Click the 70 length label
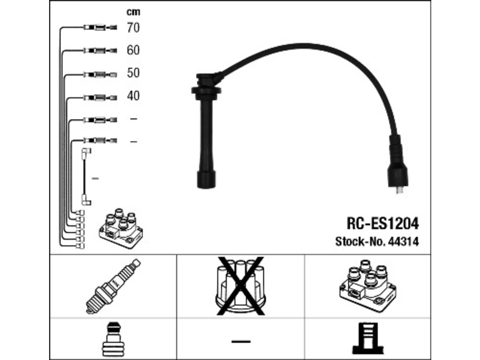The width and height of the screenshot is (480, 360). coord(133,28)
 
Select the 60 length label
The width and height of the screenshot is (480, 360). coord(133,50)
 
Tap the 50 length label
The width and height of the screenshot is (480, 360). coord(133,73)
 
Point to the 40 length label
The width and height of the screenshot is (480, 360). coord(133,96)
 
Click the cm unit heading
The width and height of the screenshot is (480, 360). coord(133,12)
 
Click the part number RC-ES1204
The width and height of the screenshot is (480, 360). coord(383,223)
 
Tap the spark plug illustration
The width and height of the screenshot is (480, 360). coord(113,286)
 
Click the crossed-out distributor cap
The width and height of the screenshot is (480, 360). coord(240,286)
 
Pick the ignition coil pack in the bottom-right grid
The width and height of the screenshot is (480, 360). coord(368,286)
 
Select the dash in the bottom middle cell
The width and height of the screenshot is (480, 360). coord(241,341)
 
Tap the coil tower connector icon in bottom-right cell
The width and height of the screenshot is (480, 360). coord(368,338)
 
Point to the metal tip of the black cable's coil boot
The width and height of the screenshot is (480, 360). coord(399,190)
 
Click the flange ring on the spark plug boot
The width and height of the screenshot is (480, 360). coord(206,90)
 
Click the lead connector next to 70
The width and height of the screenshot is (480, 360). coord(100,27)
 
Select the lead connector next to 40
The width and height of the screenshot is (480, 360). coord(100,97)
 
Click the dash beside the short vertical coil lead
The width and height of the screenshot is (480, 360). coord(95,178)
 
